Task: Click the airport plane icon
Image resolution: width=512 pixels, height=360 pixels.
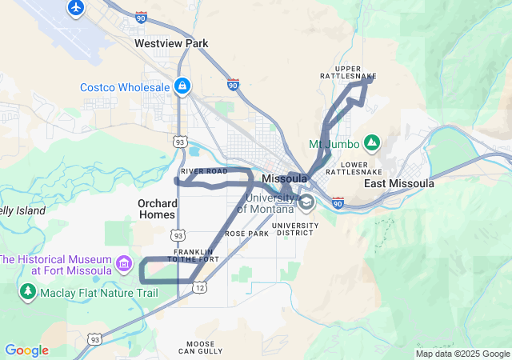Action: [76, 8]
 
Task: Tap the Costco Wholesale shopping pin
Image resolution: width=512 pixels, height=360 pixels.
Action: [183, 86]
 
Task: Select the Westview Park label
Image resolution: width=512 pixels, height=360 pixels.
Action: [171, 43]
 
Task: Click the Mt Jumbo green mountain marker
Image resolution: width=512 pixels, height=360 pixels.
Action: [371, 143]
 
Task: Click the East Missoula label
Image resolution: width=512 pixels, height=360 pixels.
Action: [398, 183]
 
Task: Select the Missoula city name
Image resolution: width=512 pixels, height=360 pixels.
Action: [284, 178]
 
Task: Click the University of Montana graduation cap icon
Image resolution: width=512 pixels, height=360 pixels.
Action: [306, 203]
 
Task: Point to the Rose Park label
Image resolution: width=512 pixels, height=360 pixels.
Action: [246, 234]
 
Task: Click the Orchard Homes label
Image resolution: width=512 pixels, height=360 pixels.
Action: [157, 208]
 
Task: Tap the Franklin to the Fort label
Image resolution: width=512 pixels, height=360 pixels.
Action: [195, 255]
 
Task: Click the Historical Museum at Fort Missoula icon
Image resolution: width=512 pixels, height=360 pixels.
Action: [124, 263]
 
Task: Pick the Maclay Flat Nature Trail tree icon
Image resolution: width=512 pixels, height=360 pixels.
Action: [28, 291]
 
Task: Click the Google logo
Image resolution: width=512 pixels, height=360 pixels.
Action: [26, 350]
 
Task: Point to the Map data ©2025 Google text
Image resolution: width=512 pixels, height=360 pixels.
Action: [462, 354]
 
